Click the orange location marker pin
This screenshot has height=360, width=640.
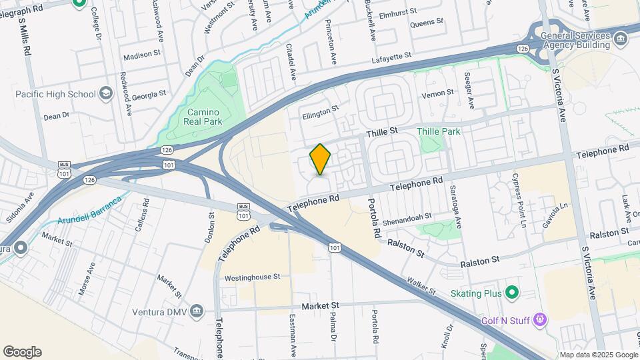pos(320,159)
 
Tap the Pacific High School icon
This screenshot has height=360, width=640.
pos(106,94)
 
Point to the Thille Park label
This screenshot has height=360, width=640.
pos(438,131)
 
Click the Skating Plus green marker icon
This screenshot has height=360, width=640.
pos(512,292)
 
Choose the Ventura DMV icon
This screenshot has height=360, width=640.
pos(197,310)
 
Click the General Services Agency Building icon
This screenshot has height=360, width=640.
pos(621,39)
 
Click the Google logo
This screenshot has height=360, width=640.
pos(22,351)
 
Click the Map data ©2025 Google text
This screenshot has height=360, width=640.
pos(598,355)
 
